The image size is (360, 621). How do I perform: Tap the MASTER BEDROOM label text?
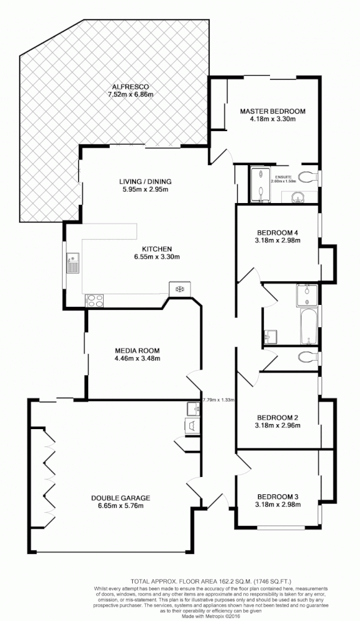pos(273,112)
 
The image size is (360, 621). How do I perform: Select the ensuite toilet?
pos(307,176)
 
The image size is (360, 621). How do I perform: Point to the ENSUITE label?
pos(284,176)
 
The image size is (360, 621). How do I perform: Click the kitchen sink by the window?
pos(73,263)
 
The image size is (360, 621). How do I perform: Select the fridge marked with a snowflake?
pos(179,289)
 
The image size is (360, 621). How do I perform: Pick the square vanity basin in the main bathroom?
pos(269,337)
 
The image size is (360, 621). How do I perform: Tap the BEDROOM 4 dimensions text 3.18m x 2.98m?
pos(277,240)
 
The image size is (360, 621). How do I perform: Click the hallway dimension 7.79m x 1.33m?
pos(218,400)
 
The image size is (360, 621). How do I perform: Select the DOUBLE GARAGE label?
pos(120,497)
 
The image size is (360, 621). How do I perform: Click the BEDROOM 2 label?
pos(278,417)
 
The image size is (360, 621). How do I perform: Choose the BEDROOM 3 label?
pos(278,496)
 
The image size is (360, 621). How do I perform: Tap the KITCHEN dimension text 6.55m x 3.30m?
pos(156,256)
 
